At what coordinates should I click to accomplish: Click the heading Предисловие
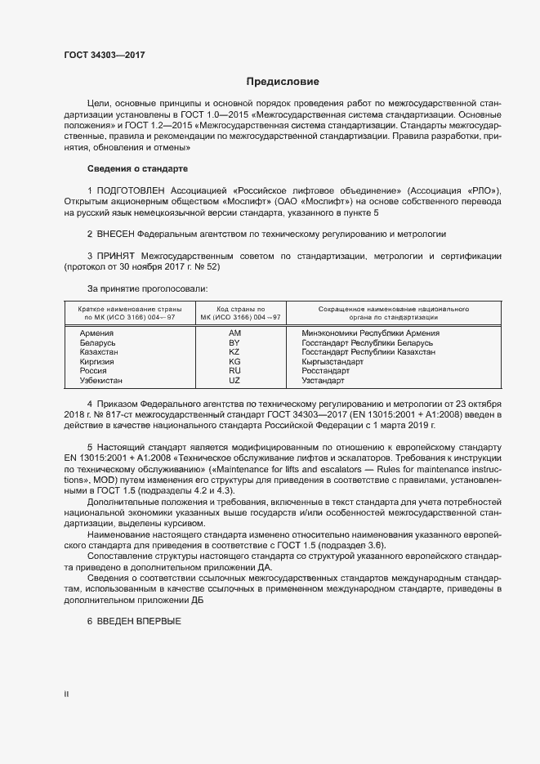point(283,82)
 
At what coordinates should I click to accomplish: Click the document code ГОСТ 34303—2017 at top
point(105,54)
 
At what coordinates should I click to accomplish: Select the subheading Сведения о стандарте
point(137,168)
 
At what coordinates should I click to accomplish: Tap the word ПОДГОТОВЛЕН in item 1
point(129,190)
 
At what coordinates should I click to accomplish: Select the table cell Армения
point(96,333)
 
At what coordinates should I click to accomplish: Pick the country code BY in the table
point(234,343)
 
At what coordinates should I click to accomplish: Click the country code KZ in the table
point(234,352)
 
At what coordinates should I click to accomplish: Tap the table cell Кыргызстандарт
point(332,361)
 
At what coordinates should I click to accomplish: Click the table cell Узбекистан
point(100,380)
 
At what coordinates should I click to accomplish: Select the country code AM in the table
point(234,333)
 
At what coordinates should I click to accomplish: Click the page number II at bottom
point(66,695)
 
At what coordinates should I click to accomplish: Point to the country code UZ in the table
point(234,380)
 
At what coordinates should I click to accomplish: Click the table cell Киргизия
point(96,361)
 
